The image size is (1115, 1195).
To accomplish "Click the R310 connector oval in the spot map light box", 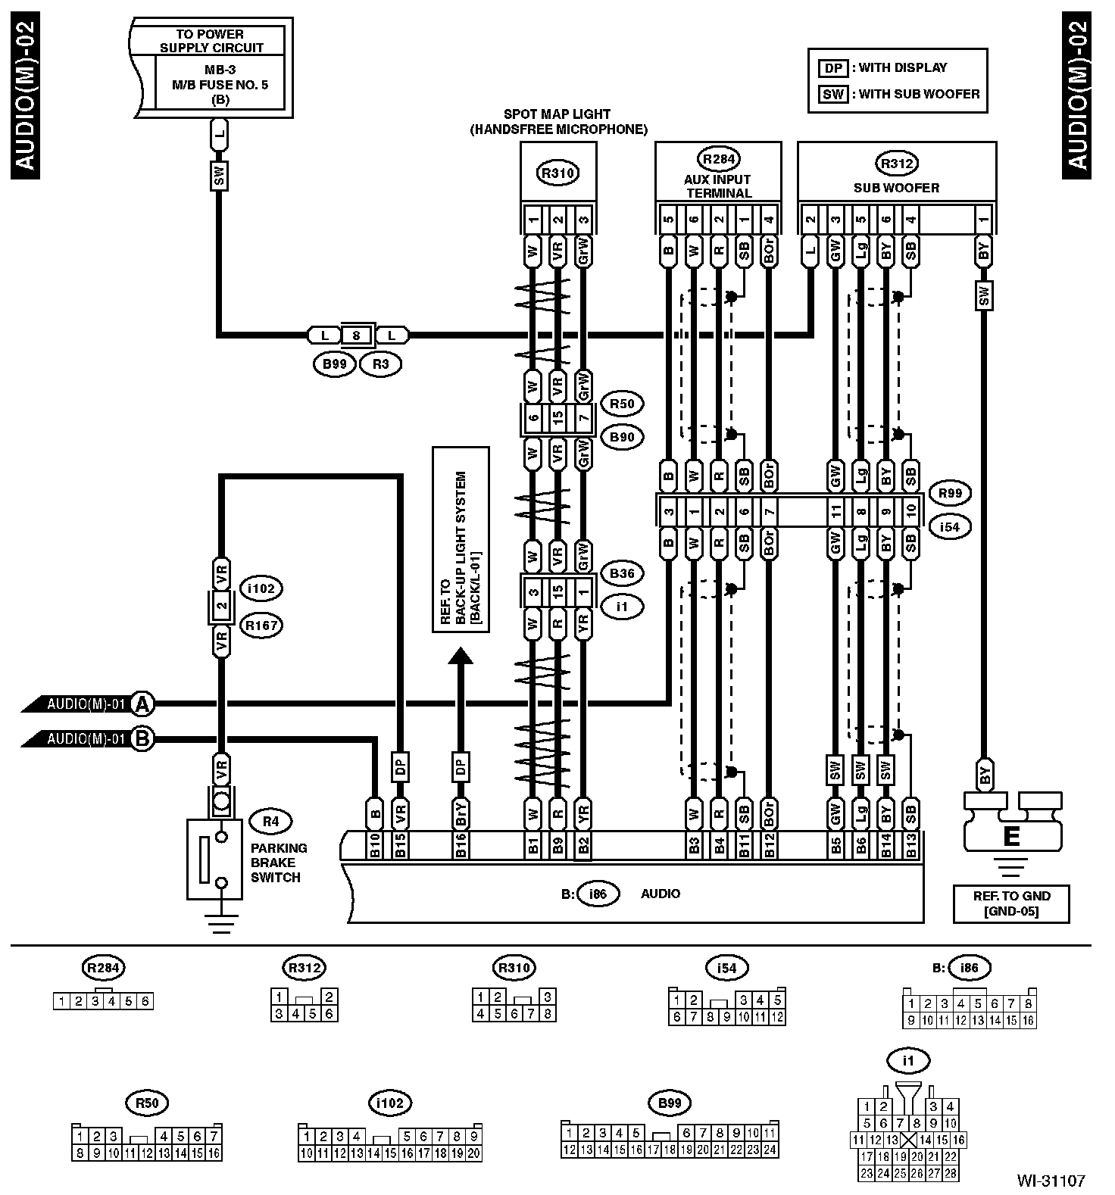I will tap(558, 173).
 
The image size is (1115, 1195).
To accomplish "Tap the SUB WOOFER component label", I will tap(896, 188).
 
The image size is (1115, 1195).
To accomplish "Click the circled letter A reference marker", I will tap(142, 704).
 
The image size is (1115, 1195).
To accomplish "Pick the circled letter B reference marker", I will tap(142, 738).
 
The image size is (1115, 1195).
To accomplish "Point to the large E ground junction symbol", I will tap(1010, 835).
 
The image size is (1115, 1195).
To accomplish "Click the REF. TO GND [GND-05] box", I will tap(1011, 903).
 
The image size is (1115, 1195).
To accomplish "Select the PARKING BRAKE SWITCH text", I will tap(279, 863).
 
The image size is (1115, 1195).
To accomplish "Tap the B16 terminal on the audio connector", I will tap(460, 846).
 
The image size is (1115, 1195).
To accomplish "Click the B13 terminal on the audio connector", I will tap(910, 846).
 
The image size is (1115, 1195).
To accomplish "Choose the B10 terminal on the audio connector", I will tap(374, 846).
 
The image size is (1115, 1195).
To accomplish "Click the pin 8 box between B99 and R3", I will tap(356, 335).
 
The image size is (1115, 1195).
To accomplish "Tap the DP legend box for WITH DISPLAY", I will tap(833, 68).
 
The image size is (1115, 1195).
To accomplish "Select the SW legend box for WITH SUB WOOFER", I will tap(833, 95).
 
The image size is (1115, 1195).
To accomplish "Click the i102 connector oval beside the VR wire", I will tap(261, 588).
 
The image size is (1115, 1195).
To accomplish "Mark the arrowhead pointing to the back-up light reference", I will tap(460, 655).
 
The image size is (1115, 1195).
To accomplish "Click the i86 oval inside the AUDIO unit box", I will tap(598, 894).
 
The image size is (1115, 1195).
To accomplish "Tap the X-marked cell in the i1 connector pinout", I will tap(908, 1140).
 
